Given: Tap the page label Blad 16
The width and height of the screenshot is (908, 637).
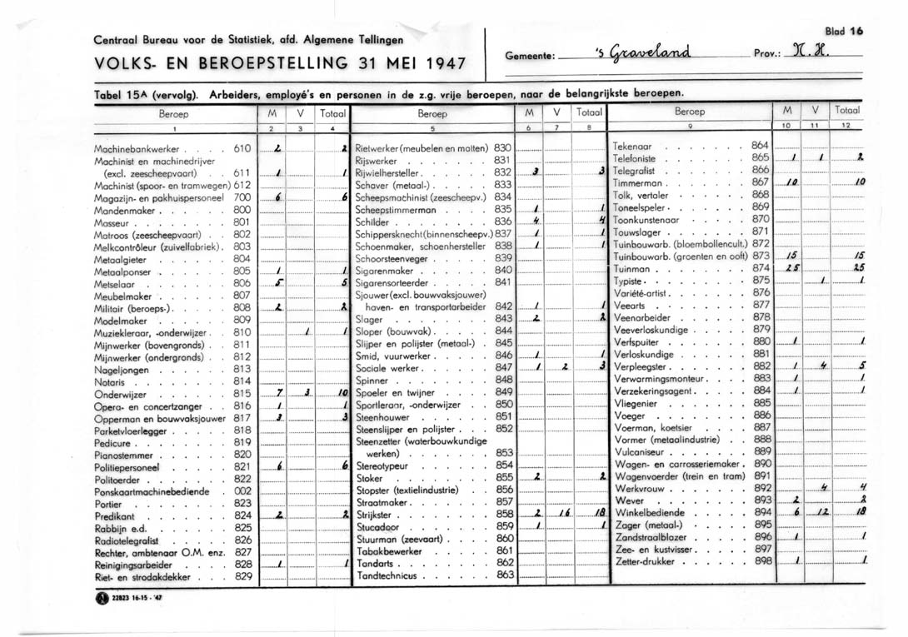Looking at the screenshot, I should [842, 32].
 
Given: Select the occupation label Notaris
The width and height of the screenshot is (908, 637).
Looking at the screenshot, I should [109, 381].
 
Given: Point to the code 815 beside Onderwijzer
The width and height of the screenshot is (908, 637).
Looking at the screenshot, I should [242, 394].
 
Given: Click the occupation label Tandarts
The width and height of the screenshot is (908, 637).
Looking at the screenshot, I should [374, 563].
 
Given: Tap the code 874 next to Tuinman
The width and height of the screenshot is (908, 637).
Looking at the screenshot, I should [761, 268].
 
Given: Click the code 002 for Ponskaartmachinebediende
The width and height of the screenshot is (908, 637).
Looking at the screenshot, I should [243, 491].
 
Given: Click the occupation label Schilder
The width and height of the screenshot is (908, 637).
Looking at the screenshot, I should [373, 221].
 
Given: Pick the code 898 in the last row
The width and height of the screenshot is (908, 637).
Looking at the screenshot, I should [761, 560].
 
